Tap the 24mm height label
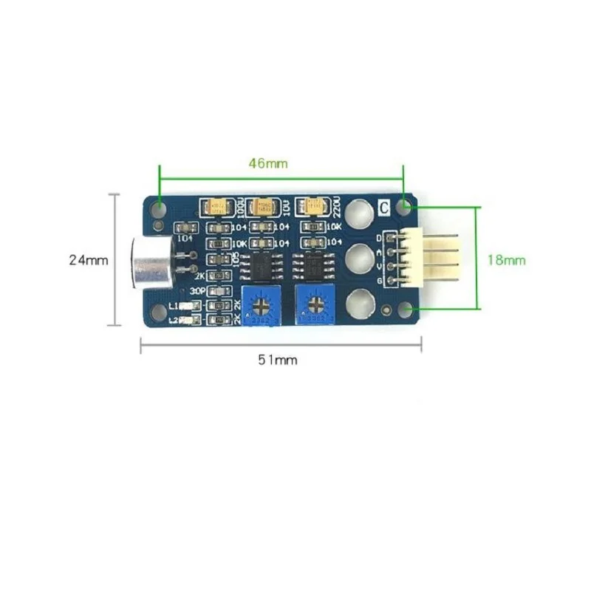88,259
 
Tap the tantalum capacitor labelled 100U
220,206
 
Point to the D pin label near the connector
380,238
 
